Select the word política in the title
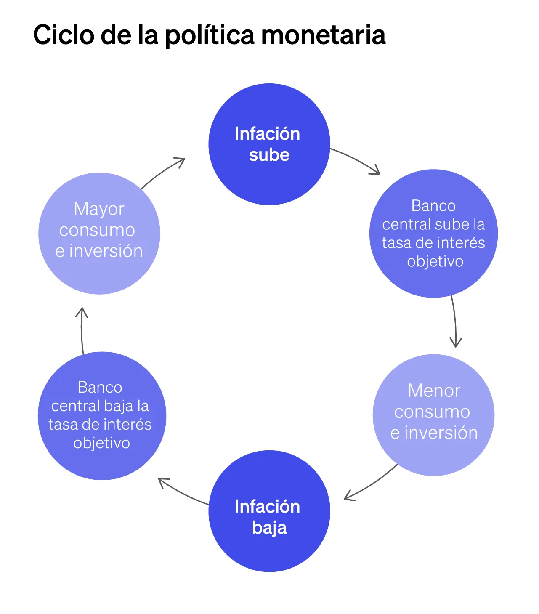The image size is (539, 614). [x=210, y=35]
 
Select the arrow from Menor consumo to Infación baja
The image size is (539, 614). [x=370, y=484]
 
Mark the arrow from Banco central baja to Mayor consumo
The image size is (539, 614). [x=82, y=330]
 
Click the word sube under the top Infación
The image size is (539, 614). [x=269, y=155]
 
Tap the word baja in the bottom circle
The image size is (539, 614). [x=269, y=528]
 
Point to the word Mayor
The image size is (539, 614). [x=99, y=209]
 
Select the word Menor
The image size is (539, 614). [x=434, y=391]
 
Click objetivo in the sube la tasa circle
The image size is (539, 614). [x=435, y=261]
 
